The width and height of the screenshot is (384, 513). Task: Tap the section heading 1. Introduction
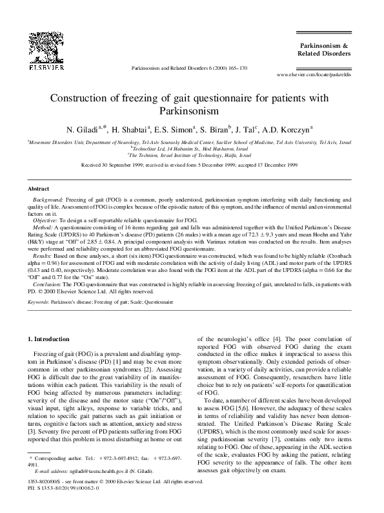tap(54, 339)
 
